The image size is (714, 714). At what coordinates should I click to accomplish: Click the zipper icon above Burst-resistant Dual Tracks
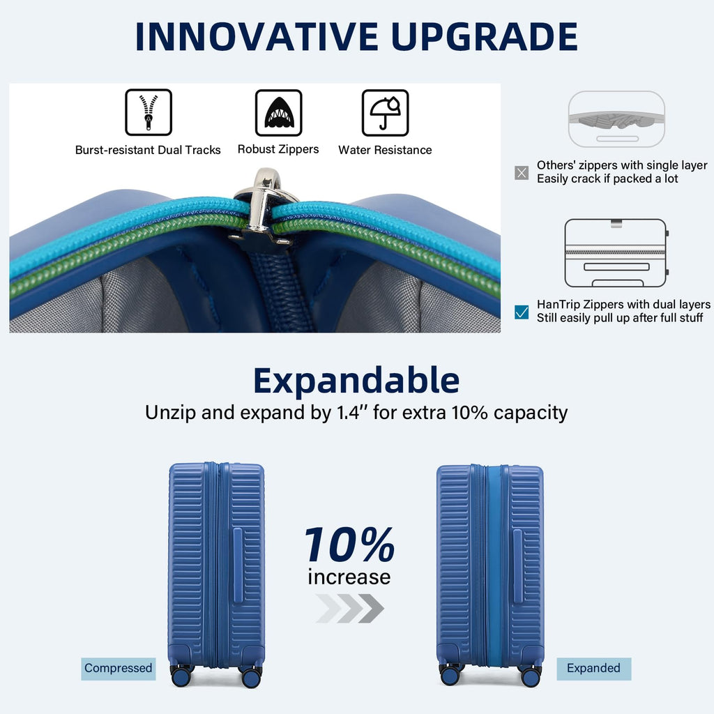click(148, 112)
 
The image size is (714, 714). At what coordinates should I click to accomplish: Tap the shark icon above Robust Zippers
click(278, 112)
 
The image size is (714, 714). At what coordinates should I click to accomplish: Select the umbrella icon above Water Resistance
click(385, 112)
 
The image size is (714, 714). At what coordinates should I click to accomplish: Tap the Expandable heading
click(356, 381)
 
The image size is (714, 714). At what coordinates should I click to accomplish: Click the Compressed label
click(118, 668)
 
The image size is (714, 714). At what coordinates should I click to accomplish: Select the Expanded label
click(593, 668)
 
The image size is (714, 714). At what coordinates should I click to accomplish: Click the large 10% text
click(349, 545)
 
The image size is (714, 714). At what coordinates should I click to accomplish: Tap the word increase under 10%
click(349, 577)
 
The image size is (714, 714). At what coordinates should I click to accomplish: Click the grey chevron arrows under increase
click(349, 608)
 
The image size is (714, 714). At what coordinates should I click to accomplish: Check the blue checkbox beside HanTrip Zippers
click(521, 312)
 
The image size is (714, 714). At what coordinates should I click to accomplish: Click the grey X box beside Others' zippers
click(521, 172)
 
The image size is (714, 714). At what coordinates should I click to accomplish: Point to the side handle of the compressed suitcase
click(238, 565)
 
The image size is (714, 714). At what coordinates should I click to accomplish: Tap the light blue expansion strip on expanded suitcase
click(496, 565)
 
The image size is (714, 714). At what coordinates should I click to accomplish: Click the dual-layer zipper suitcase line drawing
click(616, 252)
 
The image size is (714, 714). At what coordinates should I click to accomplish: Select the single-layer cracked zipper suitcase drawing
click(616, 119)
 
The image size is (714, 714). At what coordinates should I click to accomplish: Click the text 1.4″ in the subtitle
click(349, 412)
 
